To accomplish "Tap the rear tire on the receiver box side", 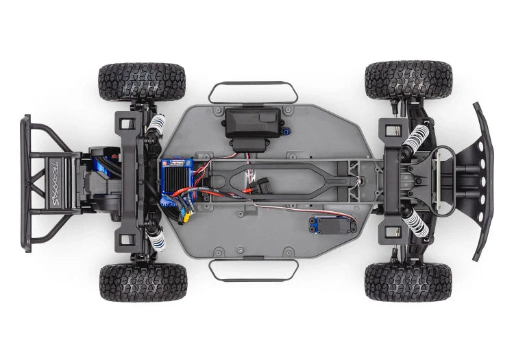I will tap(142, 82).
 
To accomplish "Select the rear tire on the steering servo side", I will tap(142, 283).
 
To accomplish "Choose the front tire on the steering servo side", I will tap(408, 282).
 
